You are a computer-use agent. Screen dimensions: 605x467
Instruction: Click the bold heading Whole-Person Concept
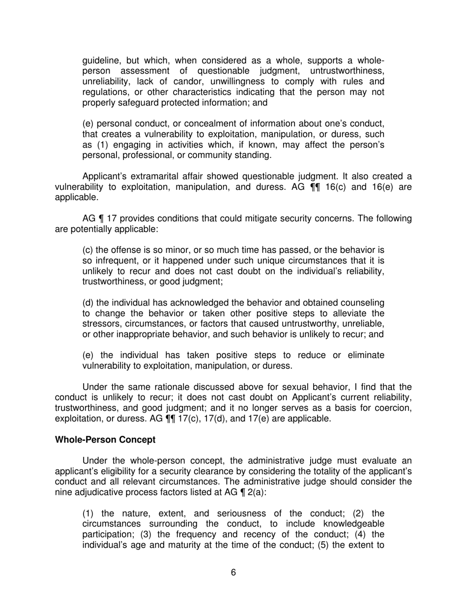105,440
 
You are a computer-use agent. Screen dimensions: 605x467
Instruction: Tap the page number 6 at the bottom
233,572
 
